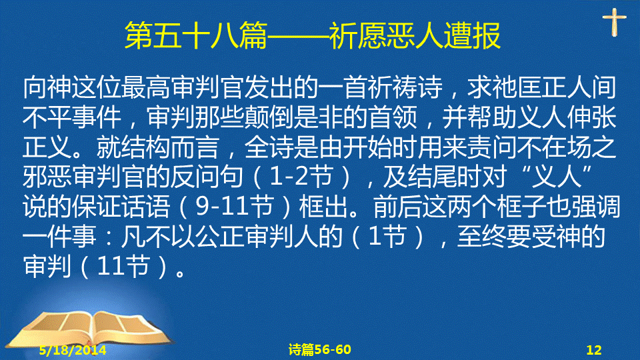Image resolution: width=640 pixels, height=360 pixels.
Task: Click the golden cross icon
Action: (614, 22)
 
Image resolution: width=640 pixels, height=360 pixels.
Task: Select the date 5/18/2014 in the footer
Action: (73, 350)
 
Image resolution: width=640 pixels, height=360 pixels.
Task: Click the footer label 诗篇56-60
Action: (319, 349)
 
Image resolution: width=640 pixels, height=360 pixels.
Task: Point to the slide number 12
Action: (594, 350)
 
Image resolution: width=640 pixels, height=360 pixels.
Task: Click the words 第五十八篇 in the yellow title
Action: (196, 36)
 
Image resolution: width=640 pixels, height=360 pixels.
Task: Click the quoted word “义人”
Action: (557, 177)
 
